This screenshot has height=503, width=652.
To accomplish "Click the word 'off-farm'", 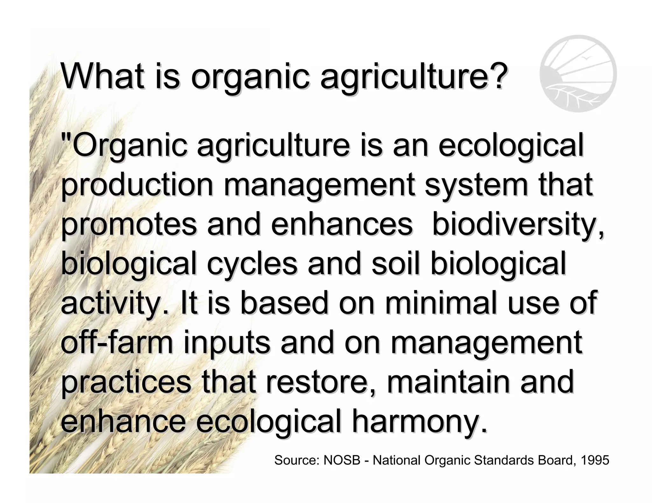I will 117,342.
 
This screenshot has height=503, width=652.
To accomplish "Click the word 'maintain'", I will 449,381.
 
